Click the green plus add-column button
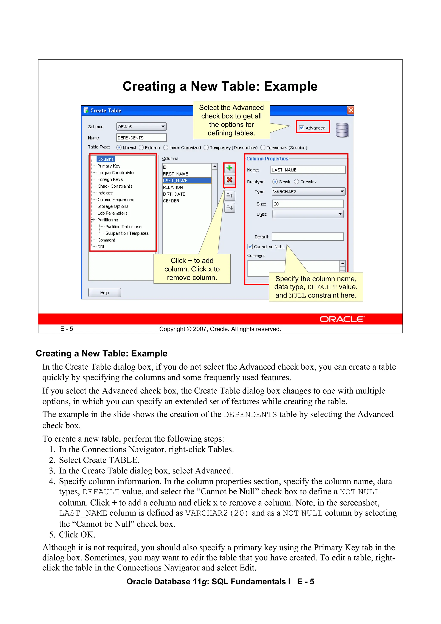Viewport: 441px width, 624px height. pos(229,168)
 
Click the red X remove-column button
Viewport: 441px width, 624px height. pos(229,180)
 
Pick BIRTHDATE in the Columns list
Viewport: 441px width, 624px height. pos(174,194)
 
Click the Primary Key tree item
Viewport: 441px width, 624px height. pos(109,166)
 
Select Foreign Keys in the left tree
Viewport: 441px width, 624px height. pos(110,179)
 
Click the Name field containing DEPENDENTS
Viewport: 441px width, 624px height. pos(141,138)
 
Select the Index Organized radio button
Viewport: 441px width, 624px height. pos(166,148)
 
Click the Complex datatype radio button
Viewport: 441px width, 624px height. pos(297,182)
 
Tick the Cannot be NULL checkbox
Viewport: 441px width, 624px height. pos(250,246)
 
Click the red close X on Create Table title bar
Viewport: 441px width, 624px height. pos(351,110)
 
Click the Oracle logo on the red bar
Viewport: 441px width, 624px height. pos(342,319)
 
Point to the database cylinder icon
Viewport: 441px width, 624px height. pos(342,130)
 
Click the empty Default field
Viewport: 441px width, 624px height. pos(307,237)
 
